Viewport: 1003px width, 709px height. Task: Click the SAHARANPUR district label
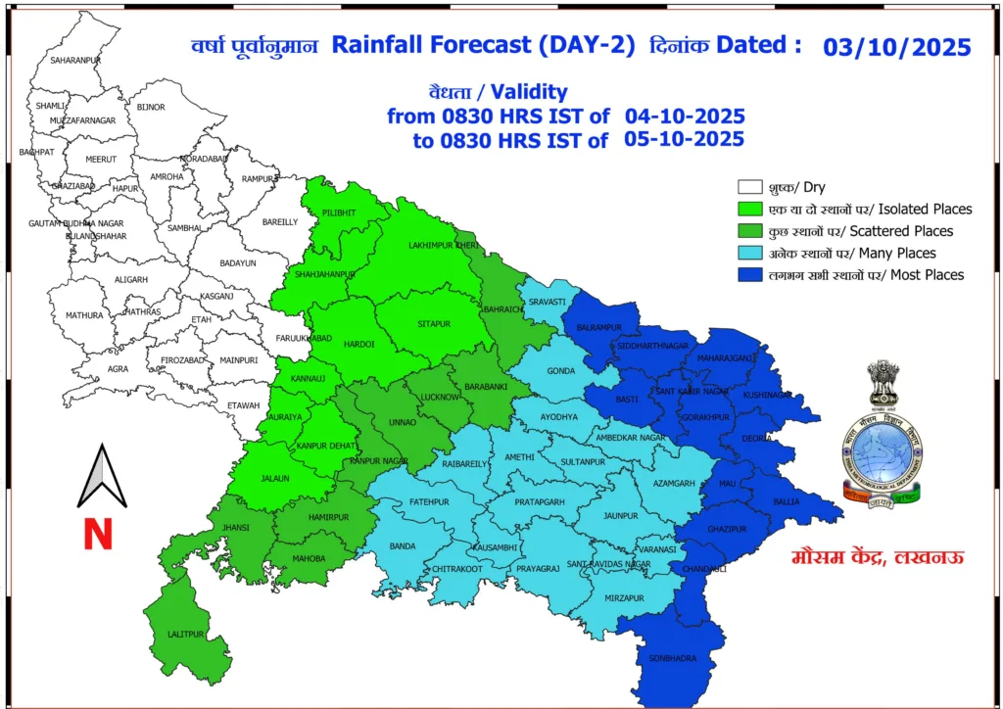tap(75, 61)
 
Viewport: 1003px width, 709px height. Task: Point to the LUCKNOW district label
tap(438, 397)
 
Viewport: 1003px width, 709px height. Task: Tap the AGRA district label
tap(119, 369)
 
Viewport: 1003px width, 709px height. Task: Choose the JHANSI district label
tap(236, 528)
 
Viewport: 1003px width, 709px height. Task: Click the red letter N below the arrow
tap(97, 535)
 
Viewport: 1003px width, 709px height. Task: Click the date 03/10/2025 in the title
tap(896, 47)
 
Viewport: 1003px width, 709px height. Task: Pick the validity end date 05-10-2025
tap(684, 139)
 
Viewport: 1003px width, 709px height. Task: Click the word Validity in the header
tap(529, 92)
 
